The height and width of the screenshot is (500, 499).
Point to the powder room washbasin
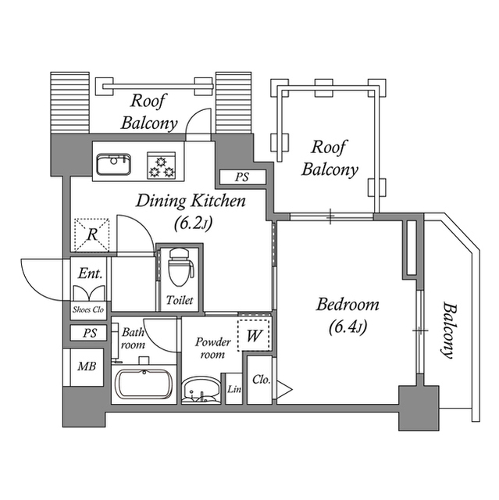click(201, 390)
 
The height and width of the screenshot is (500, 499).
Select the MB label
click(85, 366)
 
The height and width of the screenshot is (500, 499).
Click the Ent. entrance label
click(87, 273)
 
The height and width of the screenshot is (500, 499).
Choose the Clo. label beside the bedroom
click(261, 380)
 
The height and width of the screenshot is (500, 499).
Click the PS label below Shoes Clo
click(89, 334)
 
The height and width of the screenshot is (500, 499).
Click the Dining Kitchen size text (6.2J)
click(192, 223)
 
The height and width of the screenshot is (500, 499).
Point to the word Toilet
click(180, 300)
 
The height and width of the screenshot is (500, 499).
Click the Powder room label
click(212, 348)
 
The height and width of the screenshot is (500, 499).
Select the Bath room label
click(133, 338)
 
